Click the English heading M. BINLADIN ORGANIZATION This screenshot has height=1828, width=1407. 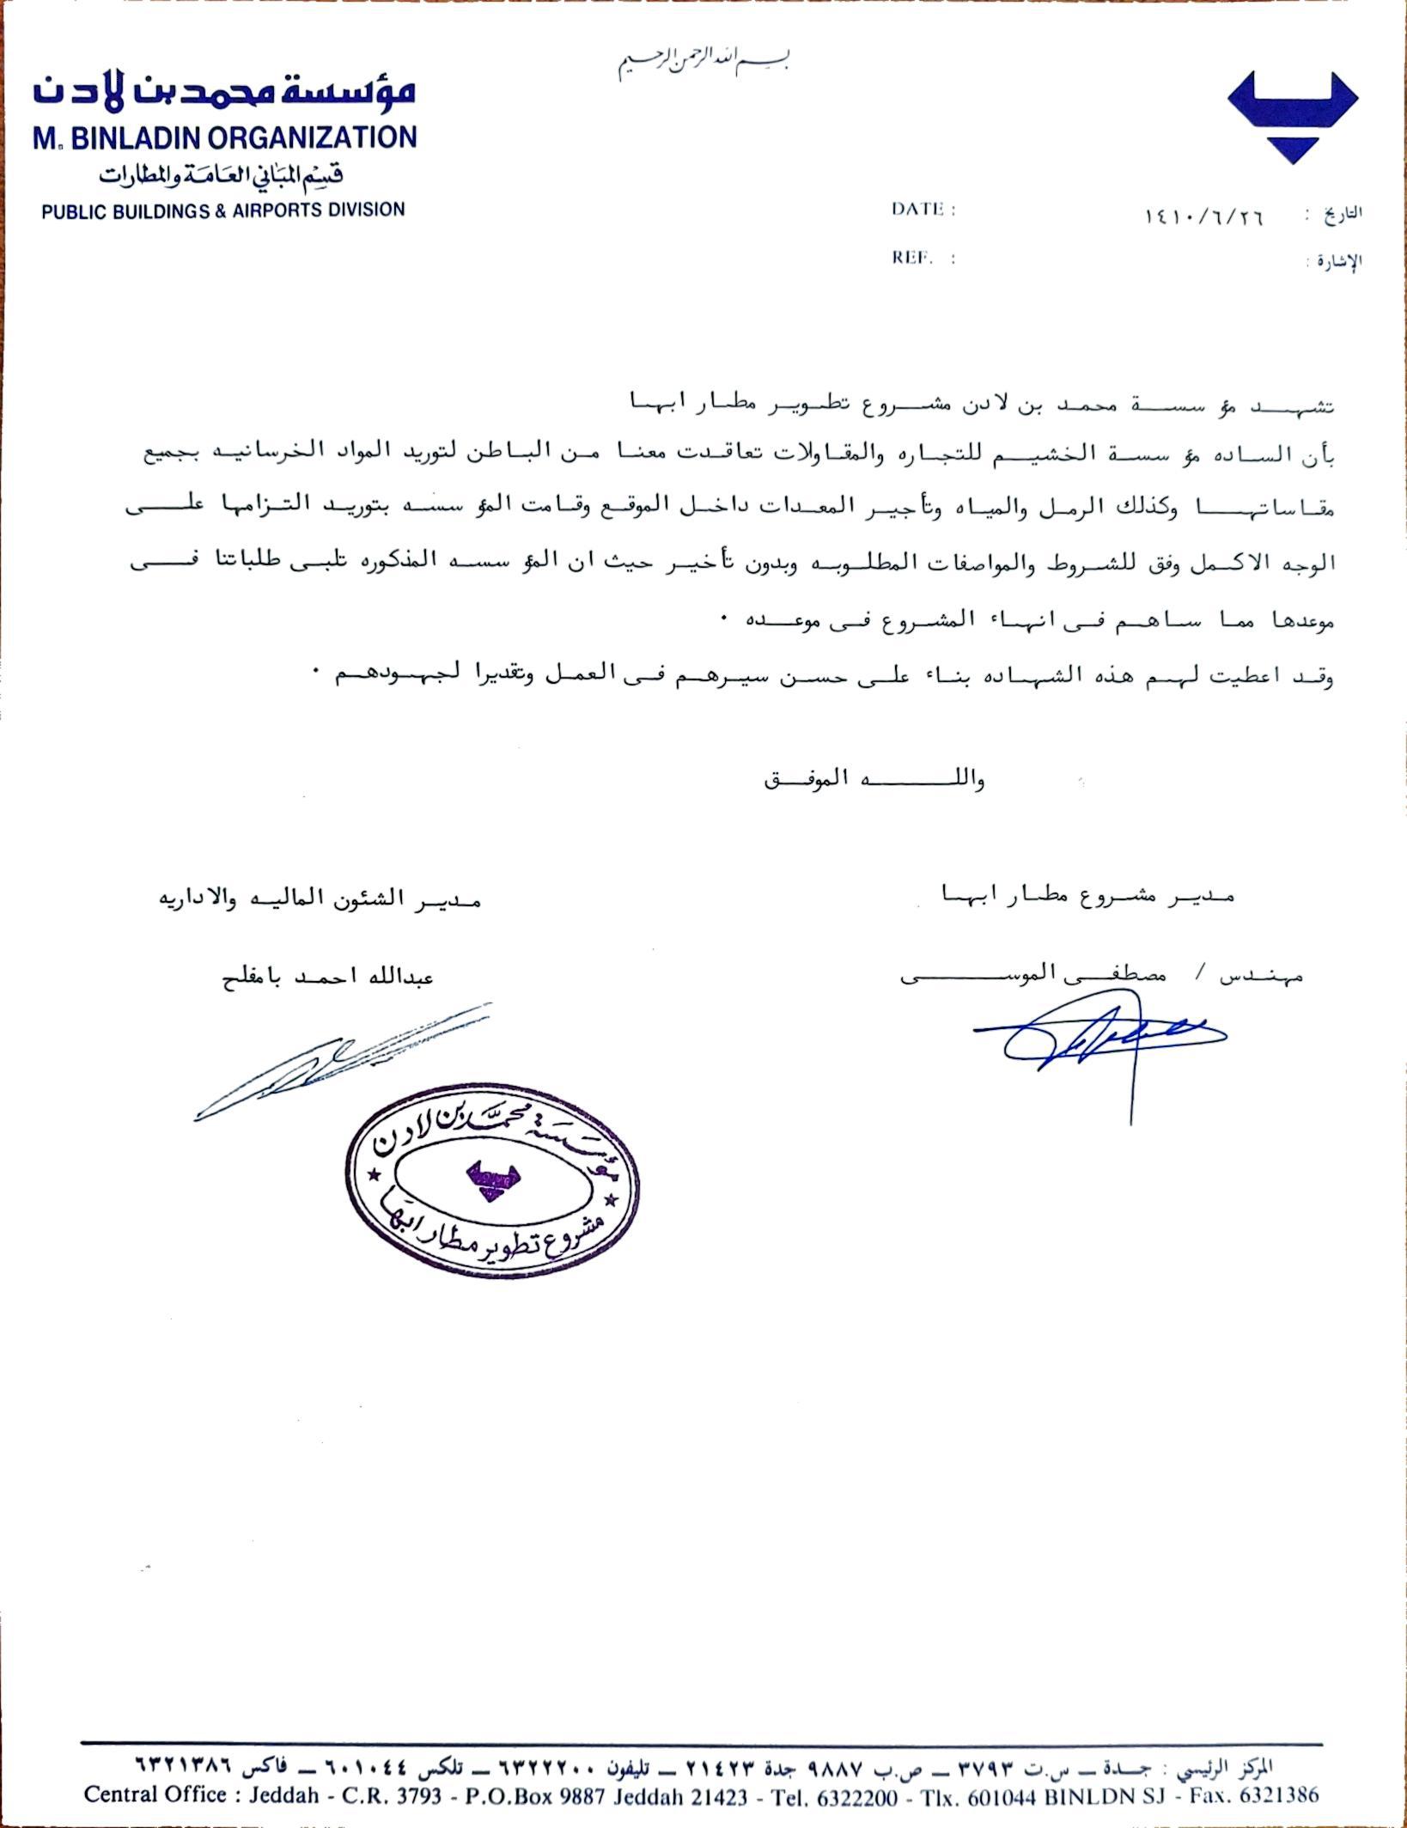coord(225,137)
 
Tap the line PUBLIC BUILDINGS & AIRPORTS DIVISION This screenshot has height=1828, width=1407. coord(223,210)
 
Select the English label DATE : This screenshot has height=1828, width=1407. coord(923,210)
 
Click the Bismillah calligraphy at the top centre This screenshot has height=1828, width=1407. coord(703,63)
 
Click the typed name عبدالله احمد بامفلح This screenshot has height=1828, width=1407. coord(327,978)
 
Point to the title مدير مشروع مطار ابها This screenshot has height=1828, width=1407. coord(1088,894)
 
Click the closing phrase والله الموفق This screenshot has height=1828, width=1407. coord(874,780)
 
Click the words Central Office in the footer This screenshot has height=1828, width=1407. coord(155,1795)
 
